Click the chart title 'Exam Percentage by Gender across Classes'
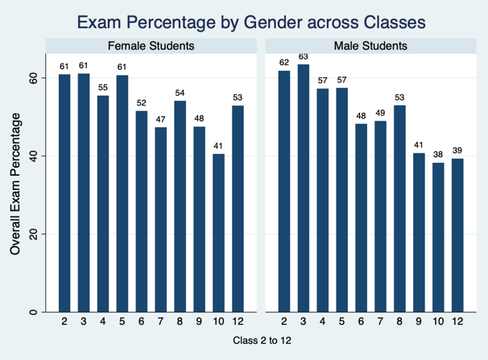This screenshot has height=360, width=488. click(x=243, y=19)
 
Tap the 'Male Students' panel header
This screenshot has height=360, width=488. click(x=370, y=46)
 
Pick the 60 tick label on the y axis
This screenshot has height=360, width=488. click(x=33, y=77)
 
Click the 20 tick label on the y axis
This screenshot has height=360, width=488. click(x=33, y=234)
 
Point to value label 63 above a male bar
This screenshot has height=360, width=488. click(x=304, y=56)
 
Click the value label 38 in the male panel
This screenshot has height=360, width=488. click(x=439, y=155)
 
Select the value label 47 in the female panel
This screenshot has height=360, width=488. click(x=161, y=119)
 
